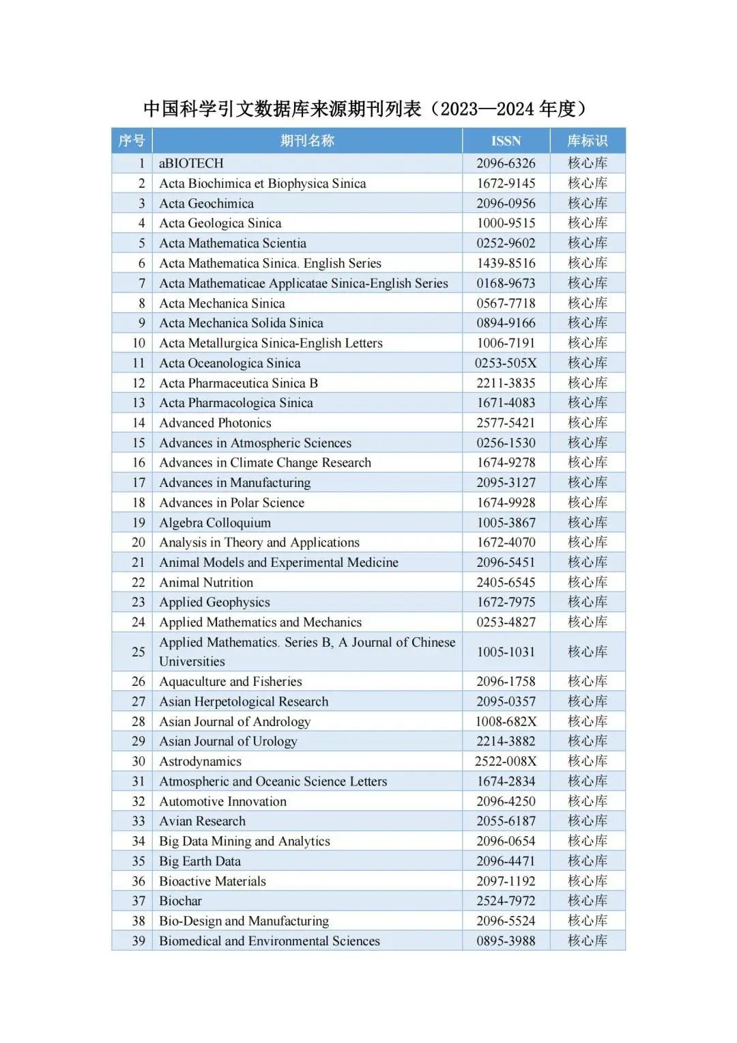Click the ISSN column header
pyautogui.click(x=506, y=141)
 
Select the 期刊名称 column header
pyautogui.click(x=307, y=141)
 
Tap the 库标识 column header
pyautogui.click(x=587, y=141)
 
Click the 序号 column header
pyautogui.click(x=132, y=141)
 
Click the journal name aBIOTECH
pyautogui.click(x=191, y=163)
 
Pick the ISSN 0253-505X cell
pyautogui.click(x=506, y=363)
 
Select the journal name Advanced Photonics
pyautogui.click(x=215, y=423)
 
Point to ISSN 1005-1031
pyautogui.click(x=506, y=652)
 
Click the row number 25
pyautogui.click(x=139, y=652)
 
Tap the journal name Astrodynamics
pyautogui.click(x=200, y=761)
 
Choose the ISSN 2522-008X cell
pyautogui.click(x=506, y=761)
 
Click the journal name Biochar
pyautogui.click(x=180, y=901)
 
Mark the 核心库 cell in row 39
pyautogui.click(x=587, y=941)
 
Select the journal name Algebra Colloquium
pyautogui.click(x=215, y=523)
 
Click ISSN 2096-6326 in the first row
pyautogui.click(x=506, y=163)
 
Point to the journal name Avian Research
pyautogui.click(x=202, y=821)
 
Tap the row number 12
pyautogui.click(x=139, y=383)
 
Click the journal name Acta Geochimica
pyautogui.click(x=206, y=204)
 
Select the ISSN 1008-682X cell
pyautogui.click(x=506, y=721)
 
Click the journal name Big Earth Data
pyautogui.click(x=199, y=861)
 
